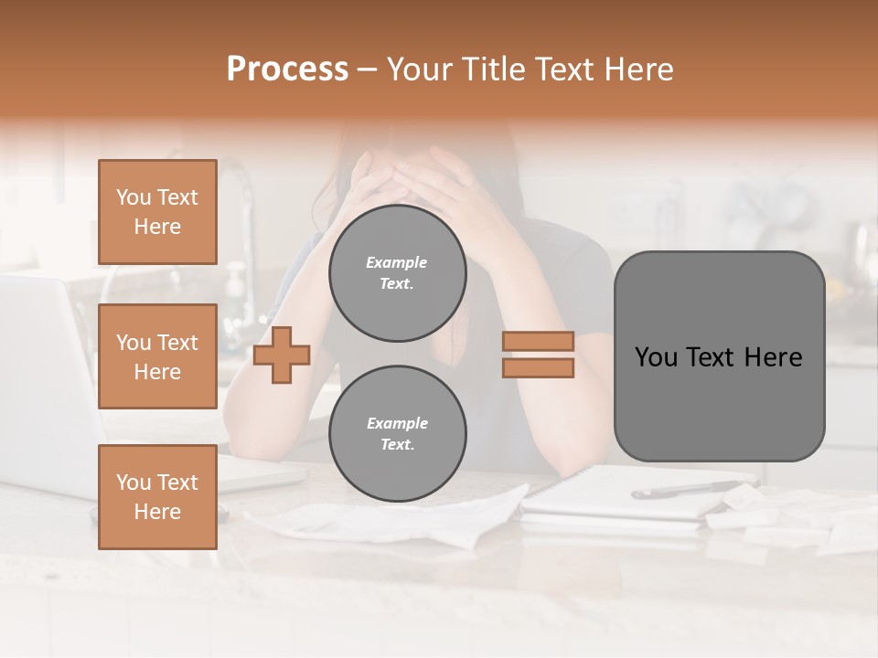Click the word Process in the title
[287, 69]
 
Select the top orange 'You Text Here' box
[157, 212]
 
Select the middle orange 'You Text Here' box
[157, 356]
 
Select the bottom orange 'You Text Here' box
[157, 496]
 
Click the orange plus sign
[282, 356]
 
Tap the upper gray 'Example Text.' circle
[398, 273]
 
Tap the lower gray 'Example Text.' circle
[398, 433]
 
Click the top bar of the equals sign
[538, 342]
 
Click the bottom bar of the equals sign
[538, 368]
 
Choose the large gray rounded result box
[719, 356]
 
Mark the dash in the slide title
[368, 70]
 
